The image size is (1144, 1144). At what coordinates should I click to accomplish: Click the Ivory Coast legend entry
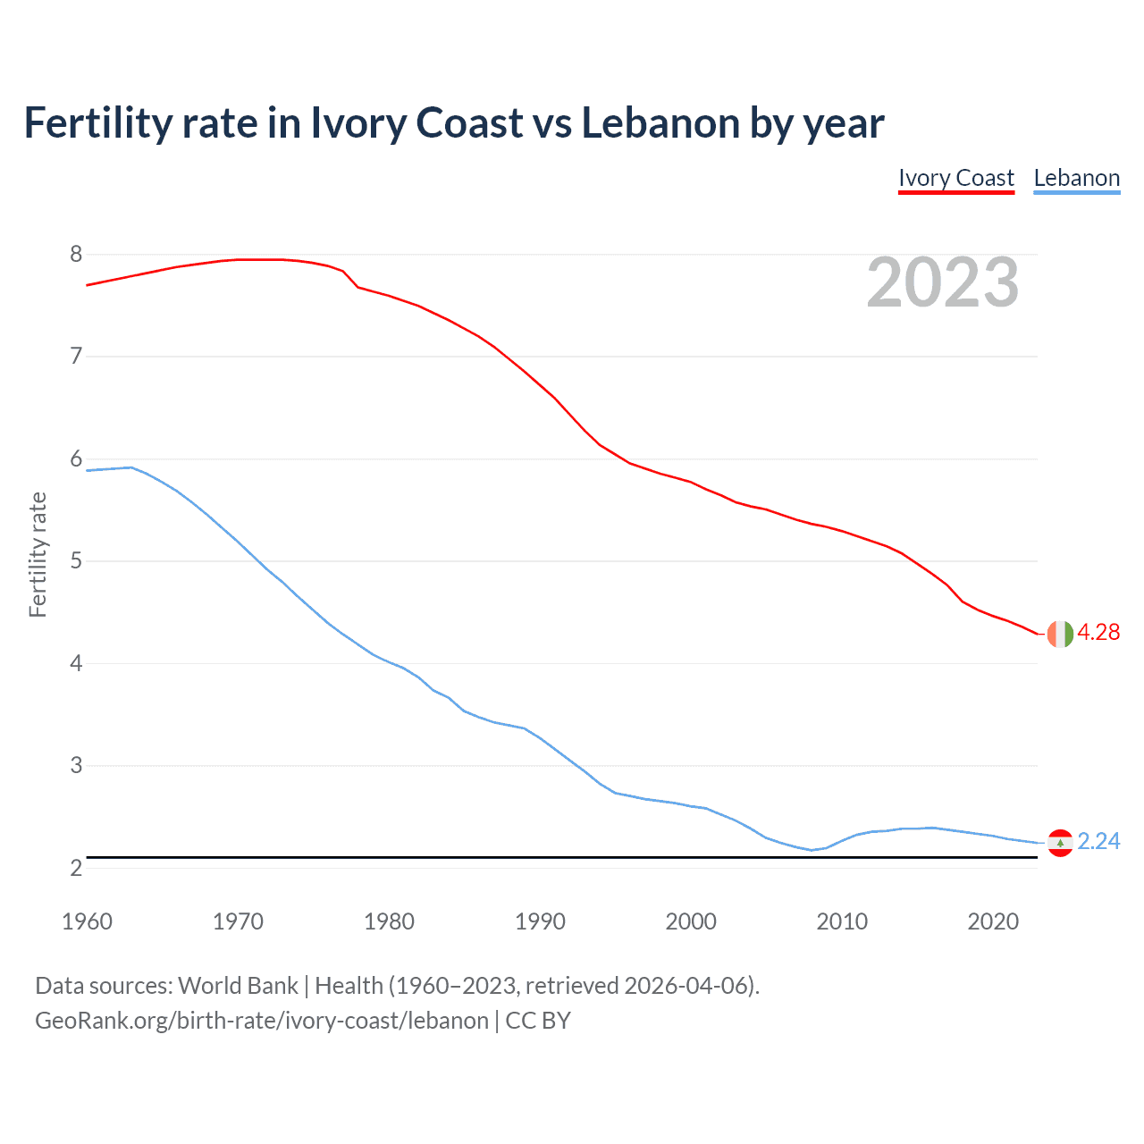[955, 178]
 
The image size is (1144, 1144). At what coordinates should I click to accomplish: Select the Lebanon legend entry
[1076, 178]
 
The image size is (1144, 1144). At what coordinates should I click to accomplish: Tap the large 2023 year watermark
[943, 282]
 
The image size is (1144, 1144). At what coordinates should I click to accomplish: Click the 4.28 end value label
[1098, 633]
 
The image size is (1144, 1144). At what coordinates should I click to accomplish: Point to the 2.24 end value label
[1098, 842]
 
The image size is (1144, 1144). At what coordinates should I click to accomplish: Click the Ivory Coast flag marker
[1060, 634]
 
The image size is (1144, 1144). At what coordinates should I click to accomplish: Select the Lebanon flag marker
[1060, 843]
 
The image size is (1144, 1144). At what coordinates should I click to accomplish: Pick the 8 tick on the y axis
[76, 255]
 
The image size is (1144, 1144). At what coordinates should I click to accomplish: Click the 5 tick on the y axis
[76, 561]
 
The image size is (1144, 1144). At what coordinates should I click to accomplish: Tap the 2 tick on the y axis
[76, 868]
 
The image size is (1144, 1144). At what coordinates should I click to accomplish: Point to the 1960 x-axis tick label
[87, 921]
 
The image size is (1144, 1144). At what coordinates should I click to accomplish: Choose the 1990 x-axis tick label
[540, 921]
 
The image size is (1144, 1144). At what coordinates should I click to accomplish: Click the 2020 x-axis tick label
[993, 921]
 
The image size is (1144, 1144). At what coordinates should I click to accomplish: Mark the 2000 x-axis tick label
[691, 921]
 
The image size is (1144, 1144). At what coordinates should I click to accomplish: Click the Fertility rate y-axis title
[38, 554]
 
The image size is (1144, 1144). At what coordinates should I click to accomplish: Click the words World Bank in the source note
[238, 986]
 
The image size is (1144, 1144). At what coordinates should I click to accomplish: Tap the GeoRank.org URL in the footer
[262, 1021]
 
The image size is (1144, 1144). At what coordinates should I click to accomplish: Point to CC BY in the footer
[538, 1021]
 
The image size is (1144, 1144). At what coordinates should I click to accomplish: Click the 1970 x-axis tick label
[238, 921]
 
